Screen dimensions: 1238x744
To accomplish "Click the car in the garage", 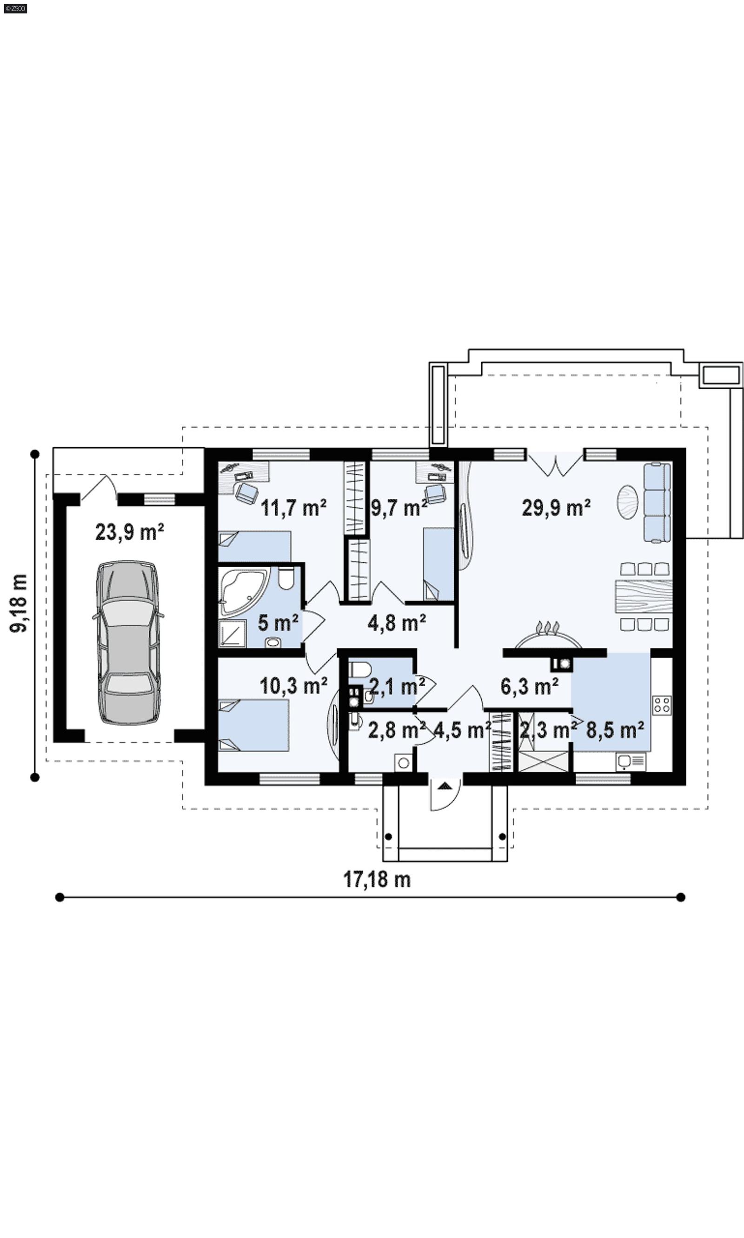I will click(x=128, y=642).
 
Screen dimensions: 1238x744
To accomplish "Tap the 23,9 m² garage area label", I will click(x=129, y=532).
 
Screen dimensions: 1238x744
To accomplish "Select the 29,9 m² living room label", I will click(x=556, y=508).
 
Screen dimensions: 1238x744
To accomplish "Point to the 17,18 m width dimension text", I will click(x=377, y=880).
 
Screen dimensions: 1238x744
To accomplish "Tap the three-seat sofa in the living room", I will click(x=657, y=502).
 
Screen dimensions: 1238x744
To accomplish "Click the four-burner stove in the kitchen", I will click(x=661, y=705).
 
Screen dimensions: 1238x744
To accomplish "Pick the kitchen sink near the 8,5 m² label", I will click(x=630, y=762).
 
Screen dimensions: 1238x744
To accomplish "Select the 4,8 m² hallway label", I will click(x=397, y=623).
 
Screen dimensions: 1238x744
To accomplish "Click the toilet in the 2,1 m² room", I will click(x=359, y=669).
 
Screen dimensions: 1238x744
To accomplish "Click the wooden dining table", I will click(x=643, y=596).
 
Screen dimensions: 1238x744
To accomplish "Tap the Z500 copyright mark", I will click(x=15, y=8).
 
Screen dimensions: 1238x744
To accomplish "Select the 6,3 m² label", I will click(x=530, y=686).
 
